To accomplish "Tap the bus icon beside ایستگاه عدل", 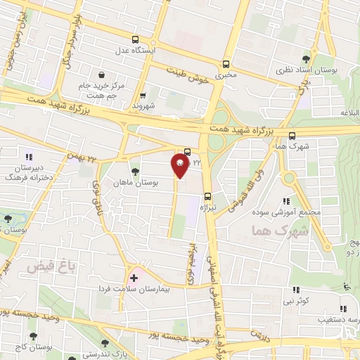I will point(135,40).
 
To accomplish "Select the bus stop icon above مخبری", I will point(225,62).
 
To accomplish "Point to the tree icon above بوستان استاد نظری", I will point(305,58).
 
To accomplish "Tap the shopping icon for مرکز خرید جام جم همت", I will point(102,74).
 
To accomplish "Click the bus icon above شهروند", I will point(143,96).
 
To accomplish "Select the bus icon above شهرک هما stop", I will point(292,136).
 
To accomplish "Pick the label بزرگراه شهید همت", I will point(245,131).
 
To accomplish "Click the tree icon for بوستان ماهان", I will point(135,171).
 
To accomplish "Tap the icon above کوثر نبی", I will point(295,290).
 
